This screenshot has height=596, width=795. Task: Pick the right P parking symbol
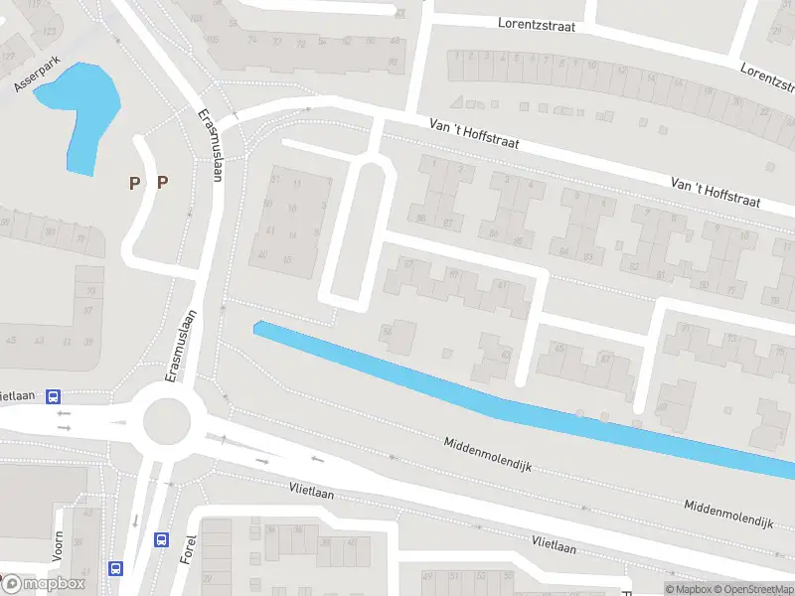(x=162, y=182)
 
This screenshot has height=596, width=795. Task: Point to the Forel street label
(x=189, y=545)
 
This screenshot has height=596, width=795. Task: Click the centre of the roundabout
(x=167, y=422)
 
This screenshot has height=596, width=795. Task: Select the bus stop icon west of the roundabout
(x=52, y=394)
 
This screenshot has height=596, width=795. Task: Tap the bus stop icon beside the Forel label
(x=161, y=539)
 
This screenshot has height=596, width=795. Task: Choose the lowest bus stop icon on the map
(x=115, y=569)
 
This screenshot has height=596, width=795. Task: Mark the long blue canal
(x=497, y=397)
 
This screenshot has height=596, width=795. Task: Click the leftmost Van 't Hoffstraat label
(x=474, y=135)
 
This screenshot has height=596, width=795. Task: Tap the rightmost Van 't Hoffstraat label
(x=715, y=192)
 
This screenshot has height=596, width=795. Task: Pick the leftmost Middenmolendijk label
(x=489, y=455)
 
